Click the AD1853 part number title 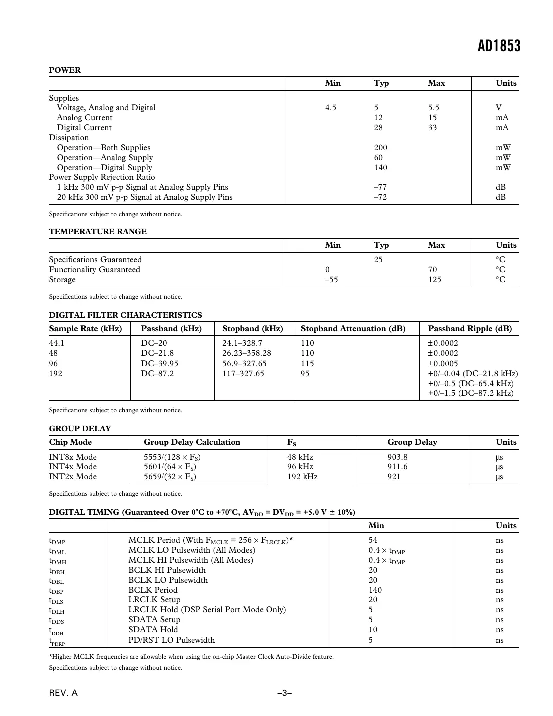pos(499,46)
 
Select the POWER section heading pos(65,70)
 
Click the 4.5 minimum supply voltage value pos(331,108)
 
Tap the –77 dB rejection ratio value pos(380,187)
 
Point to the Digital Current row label pos(84,128)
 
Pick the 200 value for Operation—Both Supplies pos(380,148)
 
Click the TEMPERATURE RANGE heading pos(98,232)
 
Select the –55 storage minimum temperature pos(331,280)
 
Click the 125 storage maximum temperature pos(434,280)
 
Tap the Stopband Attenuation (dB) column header pos(353,329)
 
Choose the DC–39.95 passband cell pos(159,364)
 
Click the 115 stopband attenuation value pos(307,364)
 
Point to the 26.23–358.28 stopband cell pos(246,353)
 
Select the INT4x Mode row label pos(73,467)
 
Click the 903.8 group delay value pos(397,457)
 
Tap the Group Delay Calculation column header pos(192,442)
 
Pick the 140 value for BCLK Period pos(375,590)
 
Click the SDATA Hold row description pos(153,630)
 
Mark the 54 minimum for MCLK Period pos(373,540)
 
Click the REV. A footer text pos(63,693)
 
